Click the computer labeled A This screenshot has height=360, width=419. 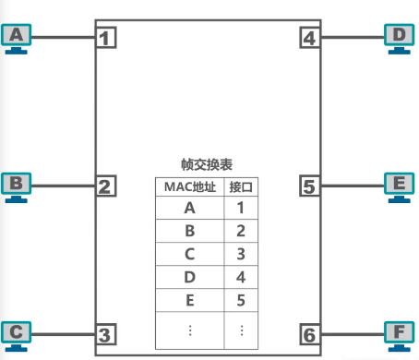point(18,38)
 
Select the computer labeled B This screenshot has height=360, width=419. point(16,186)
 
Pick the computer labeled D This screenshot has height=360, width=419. point(399,38)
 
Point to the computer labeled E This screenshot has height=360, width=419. point(399,186)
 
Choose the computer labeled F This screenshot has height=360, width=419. point(399,333)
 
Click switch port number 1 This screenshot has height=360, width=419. point(107,38)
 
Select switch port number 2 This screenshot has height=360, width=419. point(107,186)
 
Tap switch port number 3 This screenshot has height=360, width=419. point(107,333)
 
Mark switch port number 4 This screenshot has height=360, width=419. point(310,38)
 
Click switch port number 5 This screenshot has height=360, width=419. point(310,186)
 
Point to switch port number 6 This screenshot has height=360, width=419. point(310,333)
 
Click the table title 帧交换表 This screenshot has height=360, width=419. point(207,164)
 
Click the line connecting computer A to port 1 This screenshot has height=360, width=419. point(65,38)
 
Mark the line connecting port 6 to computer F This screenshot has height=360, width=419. point(353,333)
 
